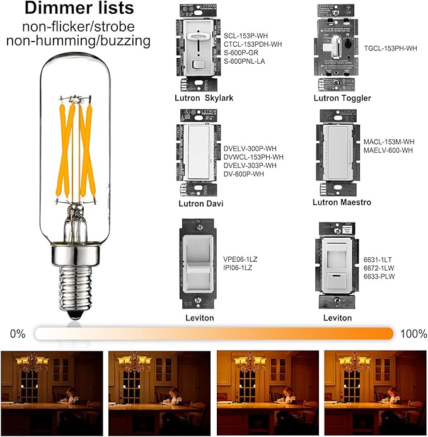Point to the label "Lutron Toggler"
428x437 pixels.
pyautogui.click(x=342, y=98)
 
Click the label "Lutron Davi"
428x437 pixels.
pyautogui.click(x=199, y=204)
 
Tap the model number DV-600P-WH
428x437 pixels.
pyautogui.click(x=244, y=173)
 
